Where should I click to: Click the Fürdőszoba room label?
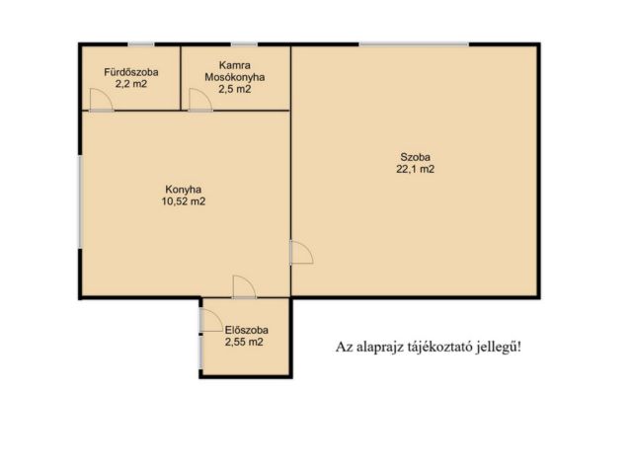pyautogui.click(x=131, y=72)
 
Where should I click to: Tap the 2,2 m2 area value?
pyautogui.click(x=131, y=84)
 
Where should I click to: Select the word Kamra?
pyautogui.click(x=235, y=65)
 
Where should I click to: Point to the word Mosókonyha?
pyautogui.click(x=235, y=77)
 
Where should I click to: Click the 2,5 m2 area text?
pyautogui.click(x=235, y=89)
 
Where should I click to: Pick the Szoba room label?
pyautogui.click(x=415, y=157)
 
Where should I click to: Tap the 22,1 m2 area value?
pyautogui.click(x=415, y=169)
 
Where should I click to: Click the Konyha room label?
pyautogui.click(x=184, y=189)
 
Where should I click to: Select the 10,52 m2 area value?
pyautogui.click(x=184, y=201)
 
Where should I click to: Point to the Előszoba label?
pyautogui.click(x=246, y=330)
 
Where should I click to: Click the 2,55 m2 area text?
pyautogui.click(x=244, y=343)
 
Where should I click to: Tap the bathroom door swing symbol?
pyautogui.click(x=101, y=99)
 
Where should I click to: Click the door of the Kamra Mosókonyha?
pyautogui.click(x=200, y=99)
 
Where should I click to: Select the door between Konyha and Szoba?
pyautogui.click(x=301, y=253)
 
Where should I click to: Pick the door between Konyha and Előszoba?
pyautogui.click(x=244, y=287)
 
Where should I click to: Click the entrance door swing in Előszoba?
pyautogui.click(x=211, y=320)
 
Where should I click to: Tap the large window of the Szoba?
pyautogui.click(x=415, y=43)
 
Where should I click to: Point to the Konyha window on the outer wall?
pyautogui.click(x=80, y=201)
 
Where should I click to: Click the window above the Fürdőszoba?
pyautogui.click(x=141, y=43)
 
